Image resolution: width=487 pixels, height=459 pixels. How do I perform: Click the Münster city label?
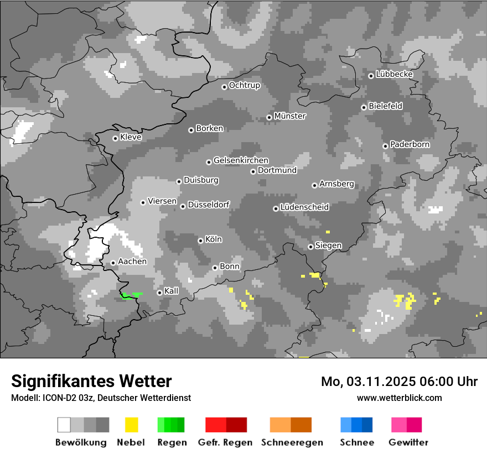[290, 116]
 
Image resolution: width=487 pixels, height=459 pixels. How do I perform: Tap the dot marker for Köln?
[200, 241]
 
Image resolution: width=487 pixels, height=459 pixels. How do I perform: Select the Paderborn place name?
[410, 144]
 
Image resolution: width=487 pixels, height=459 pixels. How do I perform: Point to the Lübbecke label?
[394, 74]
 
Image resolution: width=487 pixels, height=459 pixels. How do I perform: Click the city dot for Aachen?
[113, 263]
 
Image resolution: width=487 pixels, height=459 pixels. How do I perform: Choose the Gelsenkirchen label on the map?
[241, 160]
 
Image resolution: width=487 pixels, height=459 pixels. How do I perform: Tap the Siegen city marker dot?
[310, 247]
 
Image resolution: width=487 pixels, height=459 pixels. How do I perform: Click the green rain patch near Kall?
[131, 295]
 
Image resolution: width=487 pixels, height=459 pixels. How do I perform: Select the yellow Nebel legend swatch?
[131, 425]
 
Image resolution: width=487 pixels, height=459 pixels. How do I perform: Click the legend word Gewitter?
[408, 442]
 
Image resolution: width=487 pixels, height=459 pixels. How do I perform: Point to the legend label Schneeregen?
[291, 442]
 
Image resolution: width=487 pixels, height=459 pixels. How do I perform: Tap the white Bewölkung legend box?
[64, 425]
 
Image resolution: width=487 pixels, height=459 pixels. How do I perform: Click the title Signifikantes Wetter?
[91, 381]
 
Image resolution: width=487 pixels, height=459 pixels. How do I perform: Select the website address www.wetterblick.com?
[399, 398]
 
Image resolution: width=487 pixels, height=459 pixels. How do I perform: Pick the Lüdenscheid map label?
[304, 207]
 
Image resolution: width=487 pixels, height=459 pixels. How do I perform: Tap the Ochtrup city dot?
[224, 86]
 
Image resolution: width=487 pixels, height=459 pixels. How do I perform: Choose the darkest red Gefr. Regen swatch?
[236, 425]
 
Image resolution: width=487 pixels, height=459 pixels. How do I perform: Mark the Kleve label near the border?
[131, 137]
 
